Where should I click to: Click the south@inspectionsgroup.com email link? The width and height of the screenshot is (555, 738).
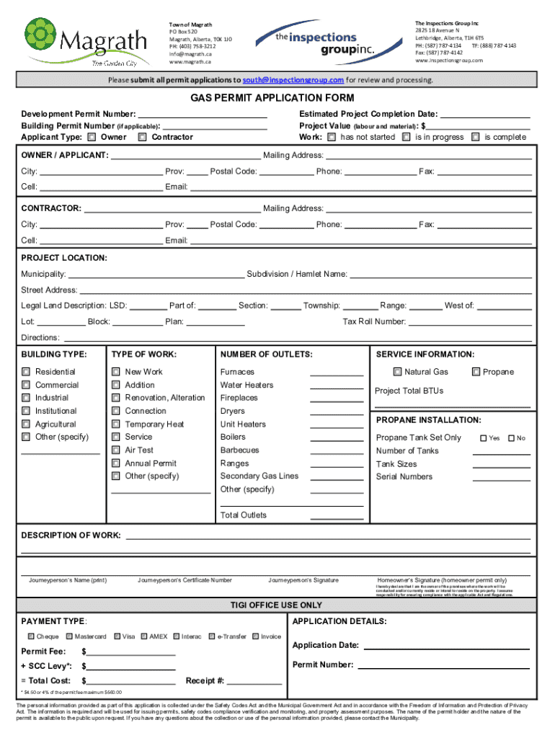click(x=293, y=79)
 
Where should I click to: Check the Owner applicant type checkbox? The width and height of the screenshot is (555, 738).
click(x=92, y=137)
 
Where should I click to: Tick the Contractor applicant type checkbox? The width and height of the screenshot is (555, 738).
click(x=143, y=137)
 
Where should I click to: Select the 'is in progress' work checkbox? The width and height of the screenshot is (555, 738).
click(x=407, y=137)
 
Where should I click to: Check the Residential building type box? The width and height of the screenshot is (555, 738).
click(x=25, y=372)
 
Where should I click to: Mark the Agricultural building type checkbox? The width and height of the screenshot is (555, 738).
click(x=25, y=424)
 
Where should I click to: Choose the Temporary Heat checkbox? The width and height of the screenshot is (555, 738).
click(x=115, y=424)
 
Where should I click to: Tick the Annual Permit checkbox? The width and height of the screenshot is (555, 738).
click(x=115, y=463)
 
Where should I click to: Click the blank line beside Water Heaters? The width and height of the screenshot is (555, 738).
click(x=337, y=388)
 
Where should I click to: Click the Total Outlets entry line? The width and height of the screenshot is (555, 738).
click(x=337, y=517)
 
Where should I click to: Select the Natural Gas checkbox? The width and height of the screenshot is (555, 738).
click(x=397, y=372)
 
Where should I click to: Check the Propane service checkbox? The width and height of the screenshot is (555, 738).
click(x=476, y=372)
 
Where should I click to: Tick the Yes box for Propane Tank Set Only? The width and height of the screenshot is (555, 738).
click(x=484, y=438)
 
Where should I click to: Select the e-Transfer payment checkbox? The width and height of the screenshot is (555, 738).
click(x=212, y=636)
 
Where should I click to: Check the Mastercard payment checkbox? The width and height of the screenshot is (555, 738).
click(x=69, y=636)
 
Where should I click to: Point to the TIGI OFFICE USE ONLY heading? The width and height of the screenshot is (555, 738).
click(x=276, y=605)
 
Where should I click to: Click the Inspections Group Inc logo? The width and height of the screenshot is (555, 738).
click(x=317, y=42)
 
